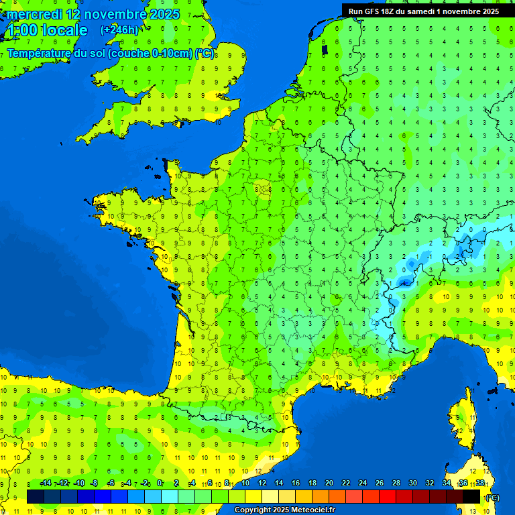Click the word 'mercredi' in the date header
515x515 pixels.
[x=33, y=14]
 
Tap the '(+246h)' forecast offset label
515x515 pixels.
[x=119, y=30]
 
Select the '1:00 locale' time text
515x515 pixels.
[x=46, y=30]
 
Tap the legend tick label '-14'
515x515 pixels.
[x=46, y=483]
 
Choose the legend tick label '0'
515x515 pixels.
[x=160, y=483]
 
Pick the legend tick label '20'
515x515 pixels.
[x=329, y=483]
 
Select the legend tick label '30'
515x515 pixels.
[x=412, y=483]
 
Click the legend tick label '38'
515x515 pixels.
[x=480, y=483]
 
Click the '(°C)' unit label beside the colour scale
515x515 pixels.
[x=492, y=497]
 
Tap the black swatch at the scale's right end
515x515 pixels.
[x=471, y=496]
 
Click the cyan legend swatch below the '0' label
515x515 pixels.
[x=170, y=496]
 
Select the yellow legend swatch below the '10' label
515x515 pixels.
[x=253, y=496]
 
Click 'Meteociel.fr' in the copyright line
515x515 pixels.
[x=312, y=510]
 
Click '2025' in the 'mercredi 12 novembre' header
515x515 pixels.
[x=164, y=14]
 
